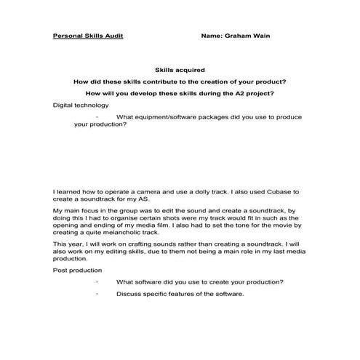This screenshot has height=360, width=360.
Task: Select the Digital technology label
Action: pyautogui.click(x=81, y=105)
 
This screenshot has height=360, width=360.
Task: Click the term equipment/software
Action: pyautogui.click(x=167, y=116)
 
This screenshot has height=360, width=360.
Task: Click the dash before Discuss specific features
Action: pyautogui.click(x=97, y=294)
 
